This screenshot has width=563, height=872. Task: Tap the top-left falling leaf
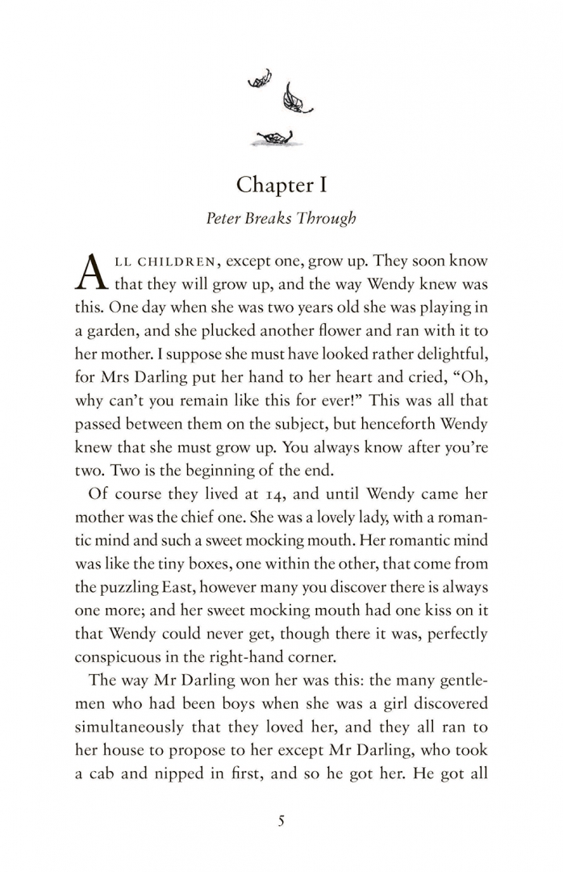259,78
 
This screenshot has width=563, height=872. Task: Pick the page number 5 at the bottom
281,821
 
